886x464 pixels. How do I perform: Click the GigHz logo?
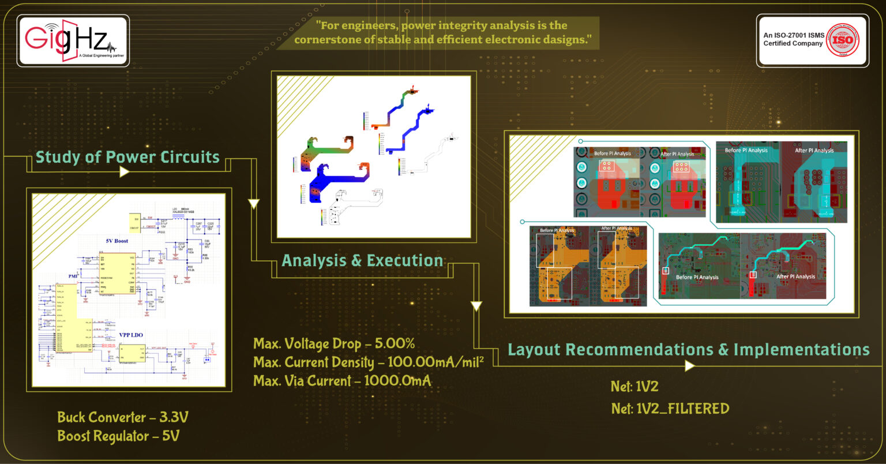[x=73, y=40]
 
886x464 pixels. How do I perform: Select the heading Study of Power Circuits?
[x=127, y=157]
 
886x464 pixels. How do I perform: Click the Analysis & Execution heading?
[x=362, y=260]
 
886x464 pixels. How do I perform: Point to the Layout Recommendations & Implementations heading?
[x=688, y=350]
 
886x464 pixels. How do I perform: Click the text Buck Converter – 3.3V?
[x=123, y=417]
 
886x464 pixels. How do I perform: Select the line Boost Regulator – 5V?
[x=118, y=436]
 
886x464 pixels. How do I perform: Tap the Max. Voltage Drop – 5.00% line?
[x=334, y=344]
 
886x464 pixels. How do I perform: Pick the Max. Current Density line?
[x=368, y=362]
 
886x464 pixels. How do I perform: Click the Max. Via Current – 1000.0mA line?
[x=342, y=381]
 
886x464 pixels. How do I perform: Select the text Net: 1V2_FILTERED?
[x=670, y=409]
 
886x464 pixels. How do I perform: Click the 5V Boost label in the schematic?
[x=117, y=241]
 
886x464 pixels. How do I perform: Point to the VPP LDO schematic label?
[x=131, y=335]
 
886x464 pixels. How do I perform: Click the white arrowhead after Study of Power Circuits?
[x=123, y=172]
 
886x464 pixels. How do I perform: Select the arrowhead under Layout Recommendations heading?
[x=689, y=365]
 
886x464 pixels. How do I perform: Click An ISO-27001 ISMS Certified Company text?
[x=793, y=39]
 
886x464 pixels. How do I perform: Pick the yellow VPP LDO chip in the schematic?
[x=132, y=353]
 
